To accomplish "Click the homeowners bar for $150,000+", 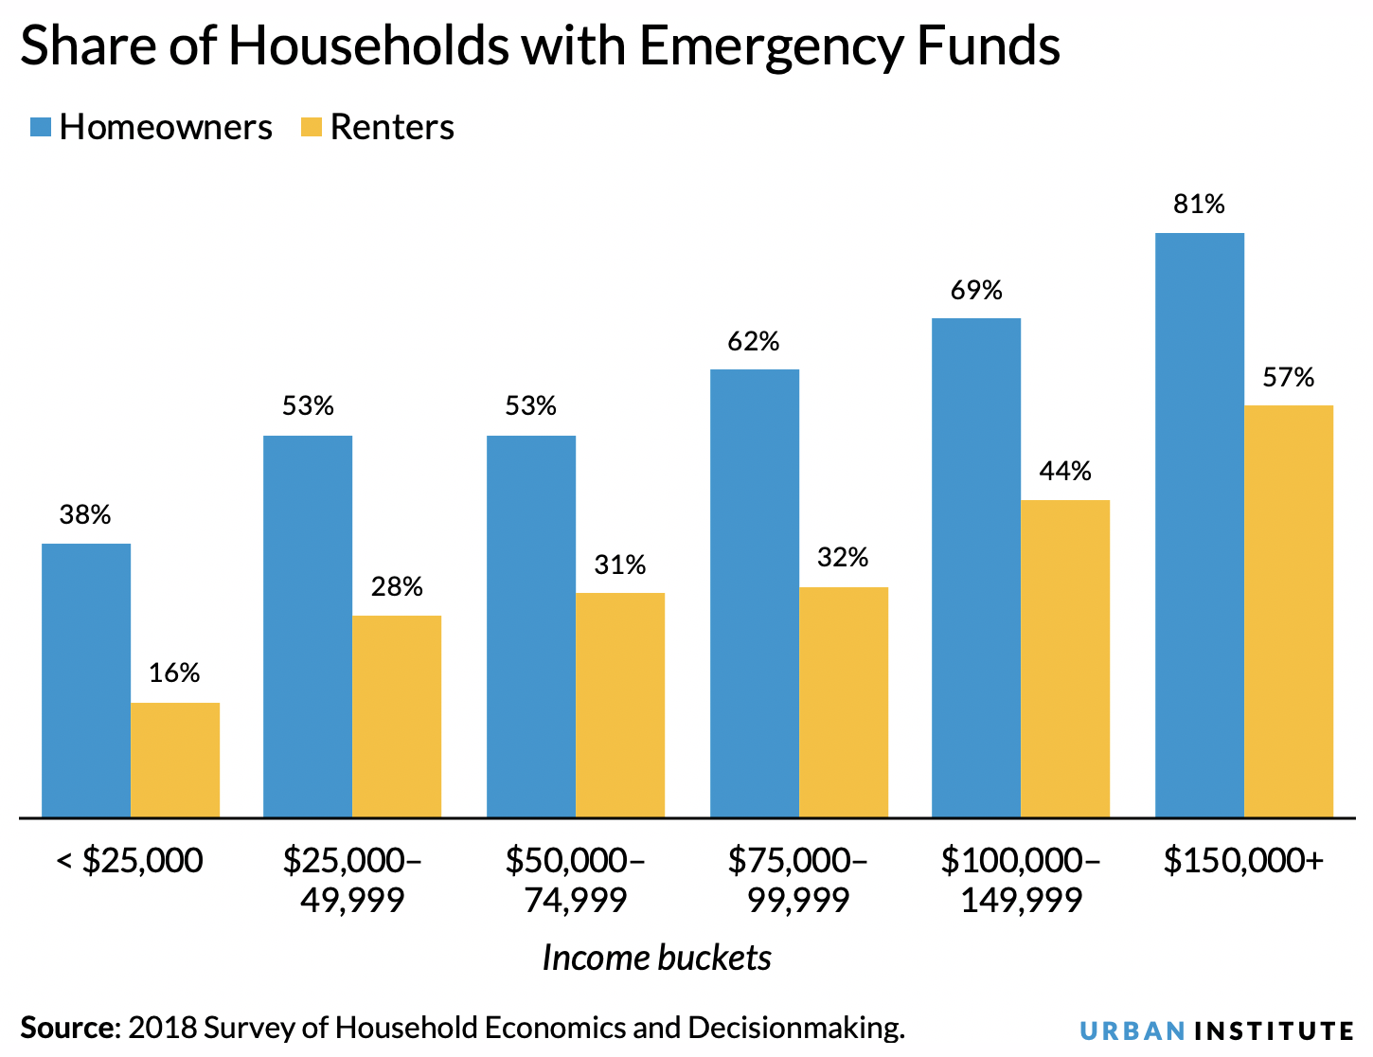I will coord(1199,525).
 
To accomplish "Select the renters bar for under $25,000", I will coord(175,760).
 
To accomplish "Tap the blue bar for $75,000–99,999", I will coord(754,593).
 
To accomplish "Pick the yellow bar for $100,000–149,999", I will coord(1065,658).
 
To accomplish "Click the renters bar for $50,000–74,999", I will coord(620,705).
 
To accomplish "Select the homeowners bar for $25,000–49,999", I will coord(308,626).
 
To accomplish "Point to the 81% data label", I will coord(1199,204).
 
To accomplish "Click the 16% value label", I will coord(174,672).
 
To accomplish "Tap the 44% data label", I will coord(1065,471).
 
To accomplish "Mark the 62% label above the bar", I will coord(753,341).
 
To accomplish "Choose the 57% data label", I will coord(1288,378).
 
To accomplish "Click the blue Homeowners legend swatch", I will coord(40,128).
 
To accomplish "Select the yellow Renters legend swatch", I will coord(312,128).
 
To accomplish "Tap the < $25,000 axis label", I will coord(130,861).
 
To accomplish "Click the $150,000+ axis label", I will coord(1243,861).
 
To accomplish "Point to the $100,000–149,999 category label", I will coord(1021,880).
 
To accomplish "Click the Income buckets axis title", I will coord(656,958).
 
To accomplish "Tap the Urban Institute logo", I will coord(1217,1030).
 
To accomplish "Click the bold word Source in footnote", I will coord(67,1028).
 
